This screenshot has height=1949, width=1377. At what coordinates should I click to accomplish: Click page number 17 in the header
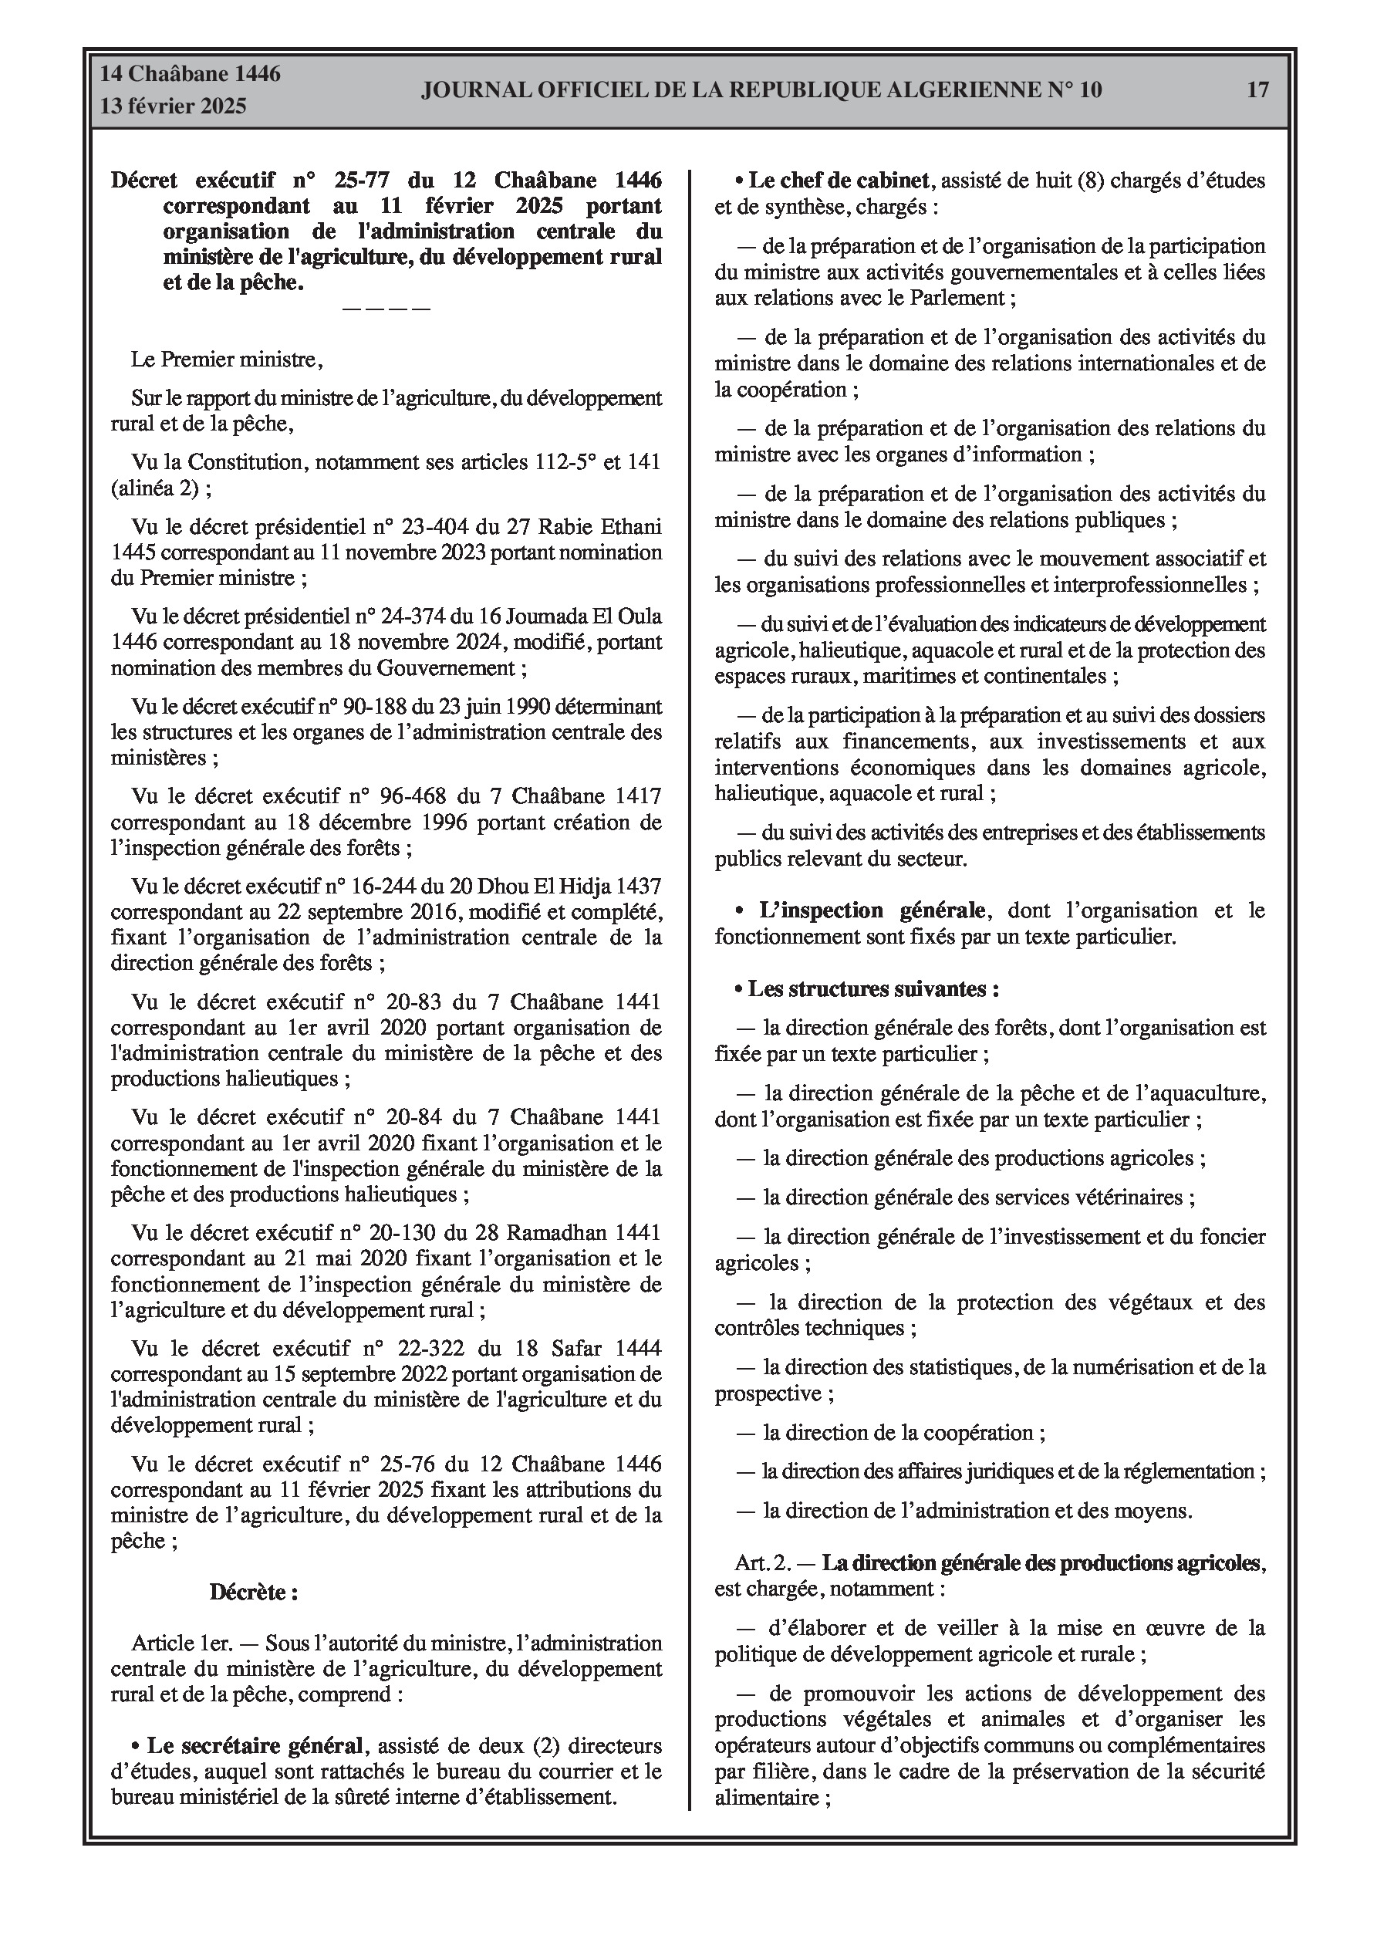[x=1257, y=90]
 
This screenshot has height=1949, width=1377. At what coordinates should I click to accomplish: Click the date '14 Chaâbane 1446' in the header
[x=191, y=74]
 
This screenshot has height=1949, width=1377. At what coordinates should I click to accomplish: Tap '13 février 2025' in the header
[x=174, y=106]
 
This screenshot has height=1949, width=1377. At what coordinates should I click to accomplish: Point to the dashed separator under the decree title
[x=386, y=308]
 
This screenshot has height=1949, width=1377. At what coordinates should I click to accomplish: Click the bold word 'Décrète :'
[x=254, y=1593]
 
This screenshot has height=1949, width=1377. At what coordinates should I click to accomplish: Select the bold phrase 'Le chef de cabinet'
[x=838, y=181]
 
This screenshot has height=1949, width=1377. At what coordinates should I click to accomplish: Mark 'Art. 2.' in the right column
[x=763, y=1562]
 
